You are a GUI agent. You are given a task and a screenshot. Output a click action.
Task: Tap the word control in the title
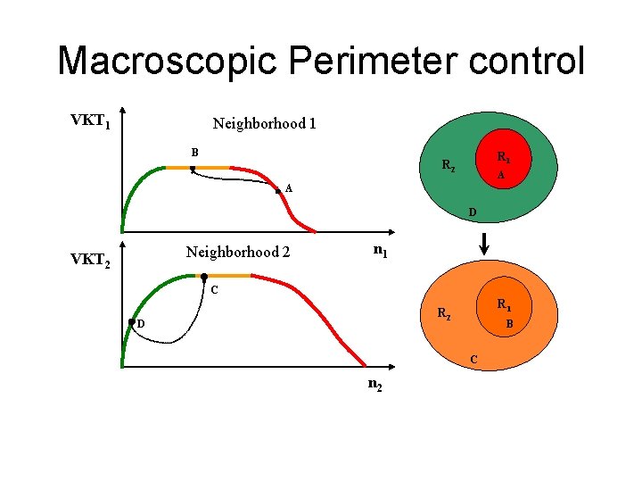pos(528,61)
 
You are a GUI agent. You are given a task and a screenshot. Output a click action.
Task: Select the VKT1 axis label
pos(90,120)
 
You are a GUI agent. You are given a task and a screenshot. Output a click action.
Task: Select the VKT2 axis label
pos(90,261)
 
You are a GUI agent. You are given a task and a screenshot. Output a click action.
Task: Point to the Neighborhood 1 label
pos(264,124)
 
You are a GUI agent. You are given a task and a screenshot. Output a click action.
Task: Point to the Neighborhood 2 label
pos(237,253)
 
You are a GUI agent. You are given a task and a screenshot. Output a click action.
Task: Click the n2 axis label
pos(375,386)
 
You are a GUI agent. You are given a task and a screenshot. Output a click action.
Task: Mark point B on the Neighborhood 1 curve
pos(193,169)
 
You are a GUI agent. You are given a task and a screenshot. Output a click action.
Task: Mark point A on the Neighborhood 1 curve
pos(278,190)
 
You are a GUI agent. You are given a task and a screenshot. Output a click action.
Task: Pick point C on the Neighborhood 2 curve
pos(204,277)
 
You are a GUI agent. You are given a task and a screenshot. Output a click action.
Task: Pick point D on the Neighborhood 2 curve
pos(132,321)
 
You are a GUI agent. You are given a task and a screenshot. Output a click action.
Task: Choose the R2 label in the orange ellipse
pos(443,313)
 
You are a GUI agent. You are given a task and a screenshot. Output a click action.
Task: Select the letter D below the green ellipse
pos(473,212)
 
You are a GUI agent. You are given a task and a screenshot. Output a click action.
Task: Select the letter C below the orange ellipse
pos(473,359)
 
